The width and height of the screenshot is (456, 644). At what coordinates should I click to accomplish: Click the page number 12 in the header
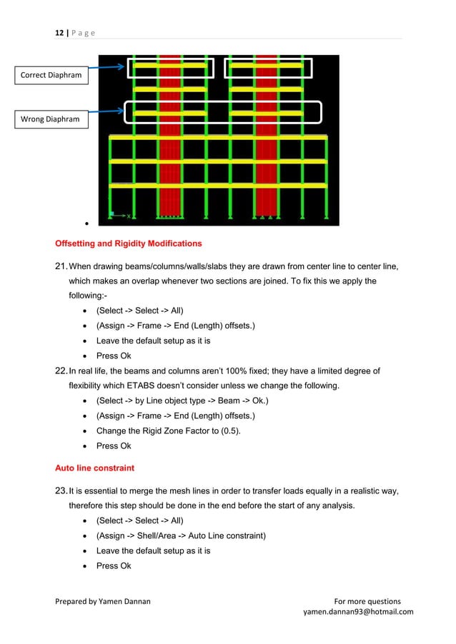click(59, 33)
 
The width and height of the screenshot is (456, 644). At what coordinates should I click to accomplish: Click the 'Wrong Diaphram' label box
click(49, 119)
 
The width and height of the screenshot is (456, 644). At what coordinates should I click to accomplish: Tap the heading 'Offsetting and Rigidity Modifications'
click(128, 243)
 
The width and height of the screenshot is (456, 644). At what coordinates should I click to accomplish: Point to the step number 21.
click(62, 266)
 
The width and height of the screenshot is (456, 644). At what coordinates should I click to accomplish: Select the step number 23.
click(62, 490)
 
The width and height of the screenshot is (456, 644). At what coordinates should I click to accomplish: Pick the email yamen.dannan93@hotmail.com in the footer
click(358, 612)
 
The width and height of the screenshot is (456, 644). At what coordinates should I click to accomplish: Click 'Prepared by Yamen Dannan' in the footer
click(103, 601)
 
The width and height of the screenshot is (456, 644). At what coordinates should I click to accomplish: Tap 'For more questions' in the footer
click(367, 601)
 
